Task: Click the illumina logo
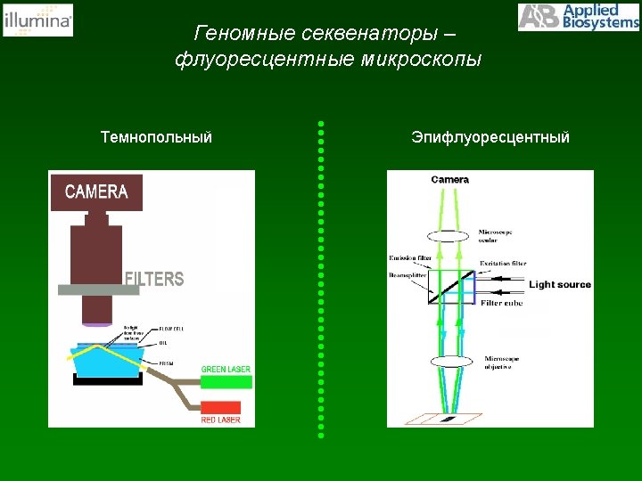point(38,20)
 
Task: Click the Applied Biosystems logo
point(578,17)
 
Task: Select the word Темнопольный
point(156,137)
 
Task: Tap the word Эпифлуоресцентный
point(490,137)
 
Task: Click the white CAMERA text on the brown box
point(96,192)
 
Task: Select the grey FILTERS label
point(154,279)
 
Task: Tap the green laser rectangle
point(226,381)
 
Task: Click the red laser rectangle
point(226,409)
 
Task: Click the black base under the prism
point(106,379)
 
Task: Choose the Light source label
point(560,285)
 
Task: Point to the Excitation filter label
point(503,264)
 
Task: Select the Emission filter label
point(410,258)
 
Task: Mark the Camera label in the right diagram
point(449,180)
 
